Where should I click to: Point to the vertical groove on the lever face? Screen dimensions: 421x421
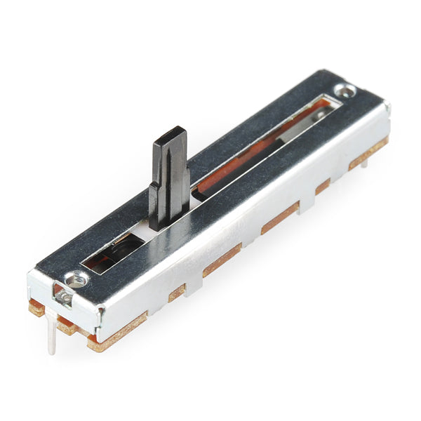(169, 175)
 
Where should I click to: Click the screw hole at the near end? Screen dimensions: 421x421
(75, 279)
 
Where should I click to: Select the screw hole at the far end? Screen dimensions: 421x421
(345, 90)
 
